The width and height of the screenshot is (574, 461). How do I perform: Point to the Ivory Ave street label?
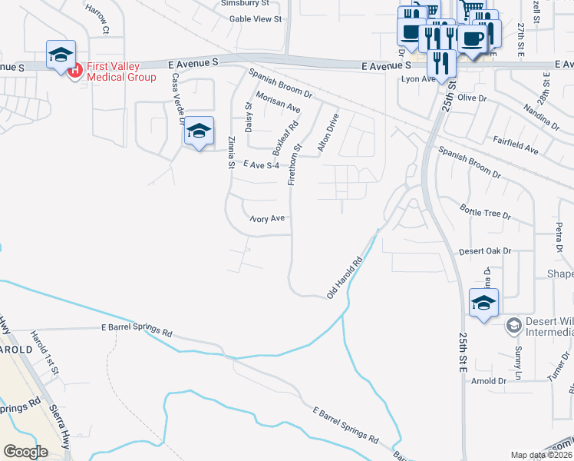click(x=268, y=218)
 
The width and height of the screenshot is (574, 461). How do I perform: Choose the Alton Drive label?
click(x=328, y=133)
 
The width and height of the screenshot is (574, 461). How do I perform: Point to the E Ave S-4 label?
click(x=261, y=164)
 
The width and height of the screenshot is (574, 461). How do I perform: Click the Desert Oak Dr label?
click(x=484, y=251)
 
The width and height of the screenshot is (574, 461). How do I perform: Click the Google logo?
click(x=25, y=451)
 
